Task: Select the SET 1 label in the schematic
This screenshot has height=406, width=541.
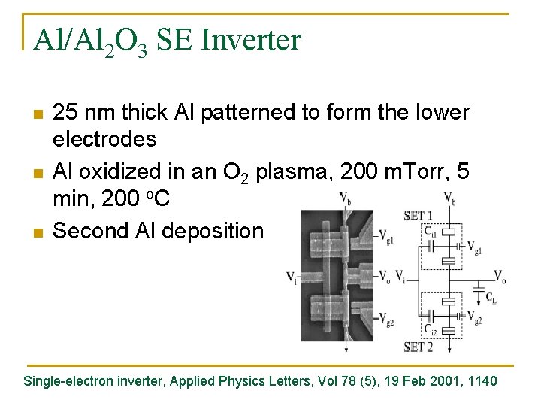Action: coord(417,214)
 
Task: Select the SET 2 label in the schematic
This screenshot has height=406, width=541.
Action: coord(418,347)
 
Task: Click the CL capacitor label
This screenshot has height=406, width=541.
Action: coord(491,298)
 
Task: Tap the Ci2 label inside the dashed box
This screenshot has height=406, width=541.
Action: coord(431,329)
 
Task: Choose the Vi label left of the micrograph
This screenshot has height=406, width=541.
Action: coord(291,276)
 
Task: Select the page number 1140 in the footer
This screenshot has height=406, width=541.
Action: coord(481,381)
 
